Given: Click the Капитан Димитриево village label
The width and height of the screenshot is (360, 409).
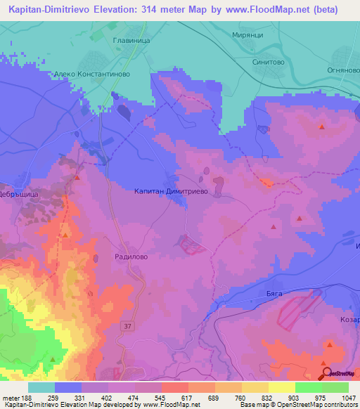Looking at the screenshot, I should coord(171,190).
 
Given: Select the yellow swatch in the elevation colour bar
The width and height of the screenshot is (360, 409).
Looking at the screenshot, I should coord(281,387).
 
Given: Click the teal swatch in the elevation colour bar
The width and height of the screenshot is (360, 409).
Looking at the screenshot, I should coord(41,387).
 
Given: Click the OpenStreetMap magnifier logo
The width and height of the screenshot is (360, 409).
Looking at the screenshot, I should coord(326,373).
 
